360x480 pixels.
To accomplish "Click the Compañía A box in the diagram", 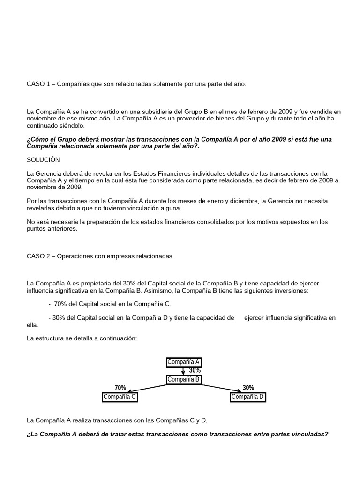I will tap(184, 362).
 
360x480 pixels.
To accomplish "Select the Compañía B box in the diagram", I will tap(184, 379).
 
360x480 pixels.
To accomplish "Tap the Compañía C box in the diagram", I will tap(120, 397).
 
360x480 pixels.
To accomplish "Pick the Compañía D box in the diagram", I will tap(248, 397).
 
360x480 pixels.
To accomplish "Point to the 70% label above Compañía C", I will tap(120, 388).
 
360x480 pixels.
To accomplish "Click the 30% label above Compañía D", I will tap(248, 388).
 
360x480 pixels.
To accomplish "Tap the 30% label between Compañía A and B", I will tap(195, 370).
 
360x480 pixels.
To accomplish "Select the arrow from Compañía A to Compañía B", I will tap(183, 371).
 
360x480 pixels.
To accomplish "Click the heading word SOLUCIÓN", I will tap(44, 160).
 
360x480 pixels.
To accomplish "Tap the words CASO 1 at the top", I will tap(38, 84).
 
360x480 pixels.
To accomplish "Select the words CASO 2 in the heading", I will tap(38, 256).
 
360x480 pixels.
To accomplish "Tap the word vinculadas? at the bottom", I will tap(309, 434).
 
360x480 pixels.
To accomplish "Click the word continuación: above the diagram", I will tap(116, 338).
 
